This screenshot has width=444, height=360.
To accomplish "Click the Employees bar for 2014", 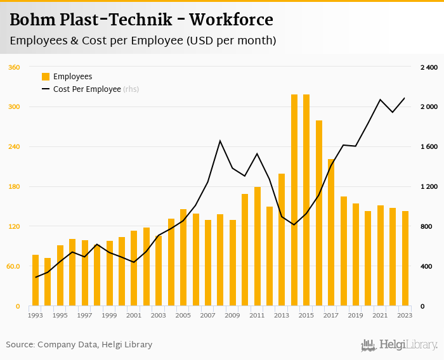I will click(294, 200).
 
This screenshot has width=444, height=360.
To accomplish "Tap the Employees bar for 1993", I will click(36, 280).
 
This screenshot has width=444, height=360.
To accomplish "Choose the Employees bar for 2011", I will click(258, 247).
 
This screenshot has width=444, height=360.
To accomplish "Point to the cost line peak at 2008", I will click(220, 141).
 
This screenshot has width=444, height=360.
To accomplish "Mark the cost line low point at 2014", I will click(294, 225).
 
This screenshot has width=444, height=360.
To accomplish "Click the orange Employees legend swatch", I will click(46, 77).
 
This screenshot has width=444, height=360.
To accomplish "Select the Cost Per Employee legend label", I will click(87, 89).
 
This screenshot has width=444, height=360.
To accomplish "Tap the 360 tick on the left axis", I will click(14, 67).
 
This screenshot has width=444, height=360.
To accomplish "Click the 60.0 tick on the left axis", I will click(13, 267).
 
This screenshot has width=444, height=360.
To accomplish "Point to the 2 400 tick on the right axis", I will click(429, 67).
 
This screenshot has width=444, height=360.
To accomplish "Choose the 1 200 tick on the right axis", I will click(429, 187).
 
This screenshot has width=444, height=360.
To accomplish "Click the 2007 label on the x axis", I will click(208, 315).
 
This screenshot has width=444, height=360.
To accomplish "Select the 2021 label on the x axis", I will click(381, 315).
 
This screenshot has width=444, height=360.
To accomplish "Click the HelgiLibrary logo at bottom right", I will click(399, 345).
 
